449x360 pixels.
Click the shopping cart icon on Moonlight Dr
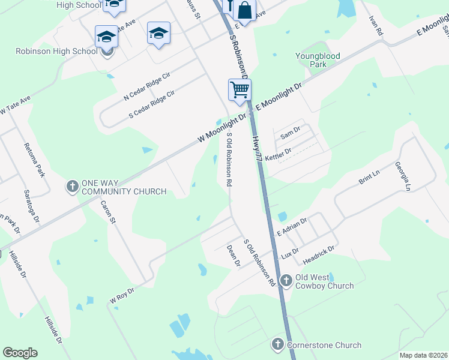[240, 90]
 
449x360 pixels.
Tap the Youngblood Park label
[318, 59]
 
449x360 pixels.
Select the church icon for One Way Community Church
[72, 186]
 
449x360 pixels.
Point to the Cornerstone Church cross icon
[277, 345]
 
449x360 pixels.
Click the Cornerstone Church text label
[324, 345]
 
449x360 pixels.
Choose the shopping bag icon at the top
[244, 10]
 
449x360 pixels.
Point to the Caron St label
[108, 213]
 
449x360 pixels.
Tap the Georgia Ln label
[403, 176]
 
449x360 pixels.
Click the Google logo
[20, 353]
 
